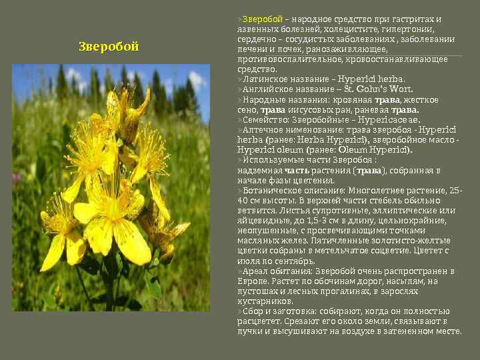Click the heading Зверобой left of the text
pos(109,47)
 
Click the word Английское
pos(269,89)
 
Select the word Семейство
pos(266,119)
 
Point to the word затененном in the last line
pos(404,331)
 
